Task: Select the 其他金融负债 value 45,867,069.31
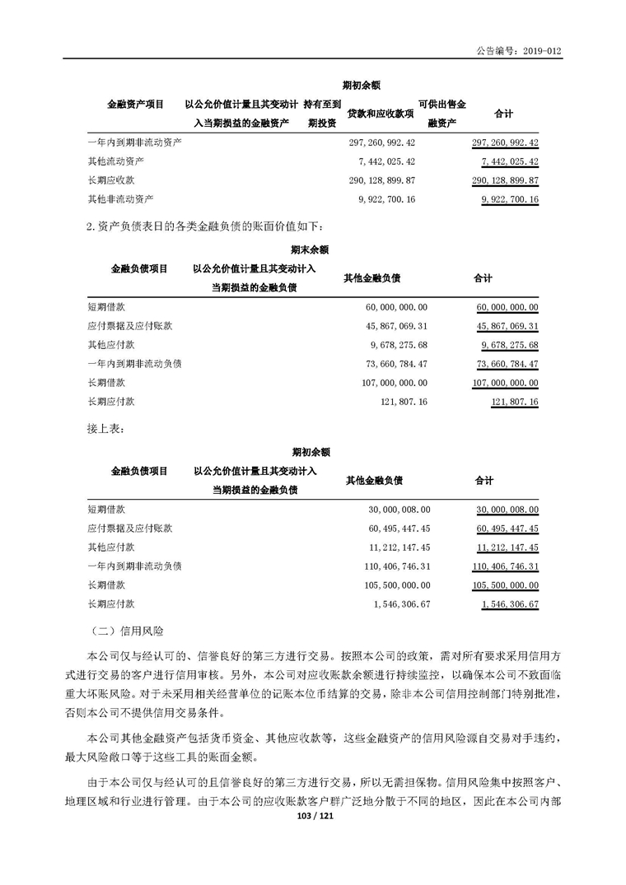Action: coord(395,325)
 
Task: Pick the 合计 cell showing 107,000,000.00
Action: coord(505,382)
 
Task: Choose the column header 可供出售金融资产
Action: coord(441,114)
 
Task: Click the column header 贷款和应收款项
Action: coord(380,113)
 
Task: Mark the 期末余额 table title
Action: coord(310,248)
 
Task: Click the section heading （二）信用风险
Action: coord(125,631)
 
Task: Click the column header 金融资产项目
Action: coord(135,104)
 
